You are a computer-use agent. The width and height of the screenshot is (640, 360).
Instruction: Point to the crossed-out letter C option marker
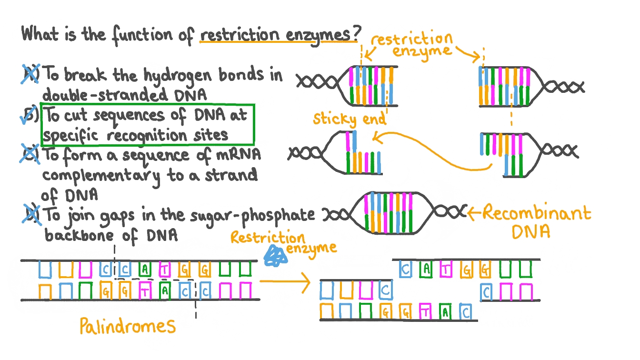point(31,155)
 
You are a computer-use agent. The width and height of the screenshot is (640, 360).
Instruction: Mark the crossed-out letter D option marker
point(31,215)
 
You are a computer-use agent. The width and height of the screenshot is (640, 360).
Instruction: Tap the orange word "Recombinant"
point(536,213)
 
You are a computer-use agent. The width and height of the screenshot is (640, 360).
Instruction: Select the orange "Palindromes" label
point(128,326)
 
